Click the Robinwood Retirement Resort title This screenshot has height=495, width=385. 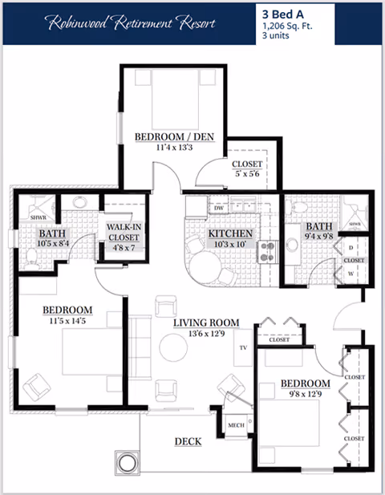tap(131, 23)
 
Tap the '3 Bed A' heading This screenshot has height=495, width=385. tap(284, 14)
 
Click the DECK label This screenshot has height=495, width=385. tap(188, 442)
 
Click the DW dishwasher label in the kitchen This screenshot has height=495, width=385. tap(196, 208)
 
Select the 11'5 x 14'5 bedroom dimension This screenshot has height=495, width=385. tap(67, 321)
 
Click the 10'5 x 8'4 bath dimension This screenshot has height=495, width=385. tap(52, 244)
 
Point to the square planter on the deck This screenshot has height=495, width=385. tap(128, 462)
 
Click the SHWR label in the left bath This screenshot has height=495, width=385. tap(37, 217)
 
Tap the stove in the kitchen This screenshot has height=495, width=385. tap(265, 253)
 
